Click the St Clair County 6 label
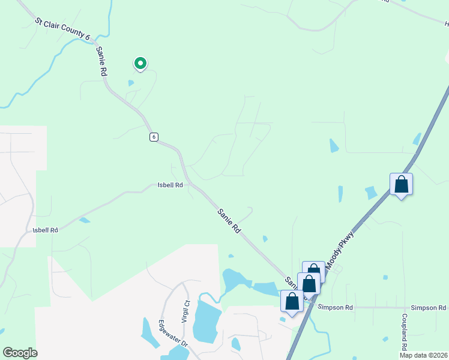tap(62, 29)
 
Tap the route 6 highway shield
tap(154, 137)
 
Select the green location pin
tap(140, 63)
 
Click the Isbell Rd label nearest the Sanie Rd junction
tap(170, 185)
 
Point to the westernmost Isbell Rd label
tap(46, 230)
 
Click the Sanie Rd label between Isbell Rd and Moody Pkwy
tap(229, 220)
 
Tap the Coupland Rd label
tap(405, 331)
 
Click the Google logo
tap(20, 353)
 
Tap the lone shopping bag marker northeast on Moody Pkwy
tap(401, 185)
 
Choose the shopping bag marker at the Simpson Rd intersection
tap(292, 302)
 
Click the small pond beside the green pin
tap(131, 83)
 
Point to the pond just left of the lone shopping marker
tap(372, 193)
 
